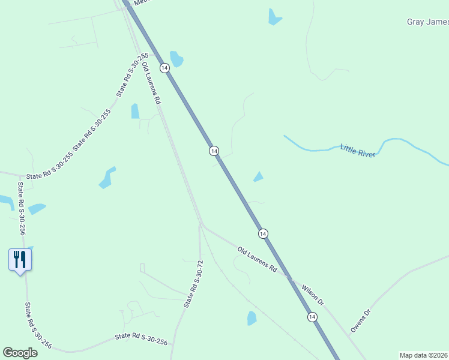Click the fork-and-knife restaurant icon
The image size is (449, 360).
20,260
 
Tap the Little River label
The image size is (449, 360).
358,150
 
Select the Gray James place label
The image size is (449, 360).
427,22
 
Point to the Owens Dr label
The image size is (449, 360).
361,321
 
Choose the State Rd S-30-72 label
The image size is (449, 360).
194,284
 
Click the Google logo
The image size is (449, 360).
20,353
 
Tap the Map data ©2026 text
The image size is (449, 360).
424,355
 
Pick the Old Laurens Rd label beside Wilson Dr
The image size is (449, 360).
256,260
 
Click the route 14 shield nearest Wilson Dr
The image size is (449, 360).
312,316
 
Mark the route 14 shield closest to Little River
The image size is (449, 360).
214,151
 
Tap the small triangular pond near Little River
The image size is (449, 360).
258,176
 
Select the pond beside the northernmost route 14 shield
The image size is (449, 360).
176,59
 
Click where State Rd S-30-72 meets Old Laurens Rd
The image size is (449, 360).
201,225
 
